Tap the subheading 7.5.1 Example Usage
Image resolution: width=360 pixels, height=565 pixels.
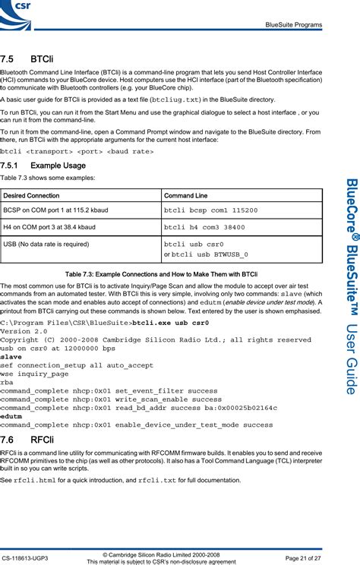click(x=43, y=166)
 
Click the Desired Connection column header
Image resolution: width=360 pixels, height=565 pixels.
click(x=32, y=196)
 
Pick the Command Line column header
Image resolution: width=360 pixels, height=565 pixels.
click(x=186, y=196)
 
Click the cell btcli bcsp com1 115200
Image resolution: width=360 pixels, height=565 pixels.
click(x=210, y=210)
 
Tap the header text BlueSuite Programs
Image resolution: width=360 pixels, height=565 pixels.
click(x=293, y=25)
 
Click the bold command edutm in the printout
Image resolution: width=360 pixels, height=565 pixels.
click(x=11, y=416)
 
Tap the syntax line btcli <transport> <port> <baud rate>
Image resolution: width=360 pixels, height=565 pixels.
click(x=77, y=151)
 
